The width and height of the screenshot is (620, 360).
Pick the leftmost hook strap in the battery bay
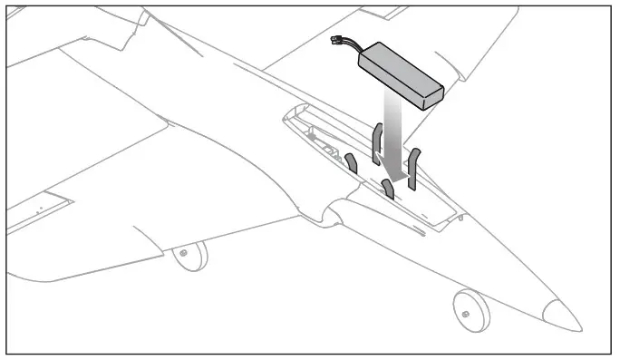pos(351,163)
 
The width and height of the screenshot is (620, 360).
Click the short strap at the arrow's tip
pos(388,190)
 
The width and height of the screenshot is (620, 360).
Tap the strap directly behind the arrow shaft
pos(377,143)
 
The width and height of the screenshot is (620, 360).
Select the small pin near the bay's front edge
pos(460,217)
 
